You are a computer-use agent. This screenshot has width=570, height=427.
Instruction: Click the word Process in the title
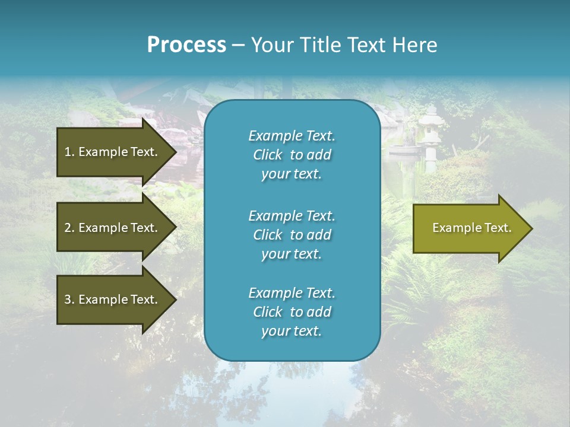186,45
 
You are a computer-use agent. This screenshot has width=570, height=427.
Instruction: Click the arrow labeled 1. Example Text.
111,152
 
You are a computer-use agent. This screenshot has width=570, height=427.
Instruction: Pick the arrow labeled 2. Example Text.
111,228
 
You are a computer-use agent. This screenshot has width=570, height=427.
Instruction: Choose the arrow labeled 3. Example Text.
111,299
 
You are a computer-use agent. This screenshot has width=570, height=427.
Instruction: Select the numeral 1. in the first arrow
69,152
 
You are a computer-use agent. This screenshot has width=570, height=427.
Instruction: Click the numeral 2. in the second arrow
69,228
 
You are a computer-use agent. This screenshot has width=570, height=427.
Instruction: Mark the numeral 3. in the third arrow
69,299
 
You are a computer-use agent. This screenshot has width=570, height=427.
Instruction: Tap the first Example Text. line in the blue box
292,136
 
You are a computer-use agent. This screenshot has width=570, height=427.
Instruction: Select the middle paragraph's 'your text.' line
292,254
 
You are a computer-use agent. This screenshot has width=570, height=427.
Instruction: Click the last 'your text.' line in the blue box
292,331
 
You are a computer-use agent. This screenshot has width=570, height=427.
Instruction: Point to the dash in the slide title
238,46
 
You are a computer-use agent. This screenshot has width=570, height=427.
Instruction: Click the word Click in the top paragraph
268,155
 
